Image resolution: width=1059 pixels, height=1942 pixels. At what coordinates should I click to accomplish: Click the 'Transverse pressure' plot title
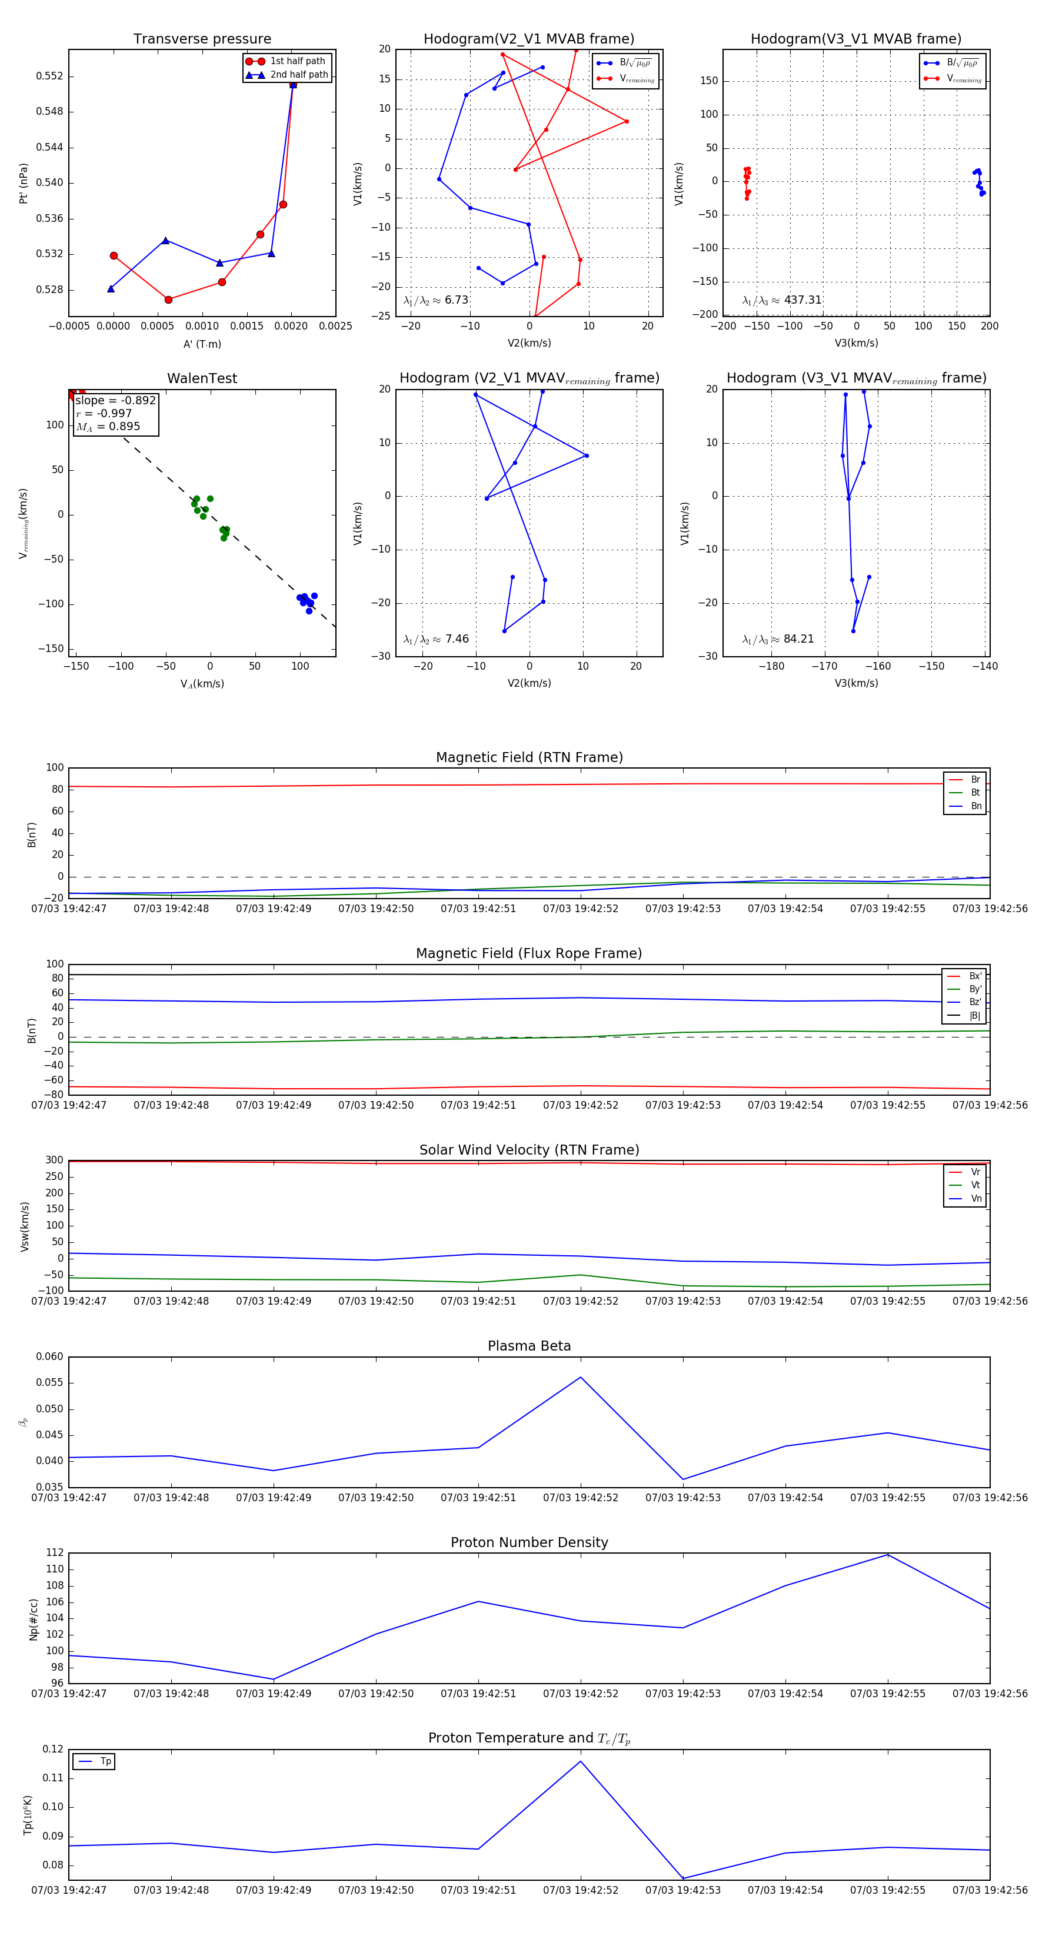click(x=202, y=39)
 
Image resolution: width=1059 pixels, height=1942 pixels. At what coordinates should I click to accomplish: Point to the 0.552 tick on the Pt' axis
click(x=50, y=76)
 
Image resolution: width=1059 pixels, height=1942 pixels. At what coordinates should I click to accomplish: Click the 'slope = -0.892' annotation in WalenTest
click(x=115, y=400)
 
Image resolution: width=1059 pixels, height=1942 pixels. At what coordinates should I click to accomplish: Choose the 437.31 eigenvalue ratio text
click(x=802, y=300)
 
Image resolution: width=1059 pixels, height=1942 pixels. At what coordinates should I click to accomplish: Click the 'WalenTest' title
click(x=202, y=378)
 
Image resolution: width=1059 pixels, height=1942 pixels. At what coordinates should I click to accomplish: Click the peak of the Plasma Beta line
click(x=580, y=1377)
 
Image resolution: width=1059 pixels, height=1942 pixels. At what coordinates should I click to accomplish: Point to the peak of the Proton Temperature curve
click(x=580, y=1761)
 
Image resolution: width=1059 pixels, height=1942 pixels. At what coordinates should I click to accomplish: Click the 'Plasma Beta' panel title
click(x=529, y=1346)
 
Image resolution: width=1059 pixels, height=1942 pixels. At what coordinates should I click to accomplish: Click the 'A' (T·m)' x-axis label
click(x=202, y=344)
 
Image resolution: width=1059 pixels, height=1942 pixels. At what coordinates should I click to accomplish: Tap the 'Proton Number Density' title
click(x=529, y=1542)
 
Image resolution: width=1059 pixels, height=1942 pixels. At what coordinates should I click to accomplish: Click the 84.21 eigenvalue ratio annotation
click(x=798, y=639)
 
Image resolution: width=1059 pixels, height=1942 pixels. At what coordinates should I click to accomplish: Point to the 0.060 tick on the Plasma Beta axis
click(x=50, y=1356)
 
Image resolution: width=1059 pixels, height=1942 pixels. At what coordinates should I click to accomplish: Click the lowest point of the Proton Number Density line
click(x=273, y=1679)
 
